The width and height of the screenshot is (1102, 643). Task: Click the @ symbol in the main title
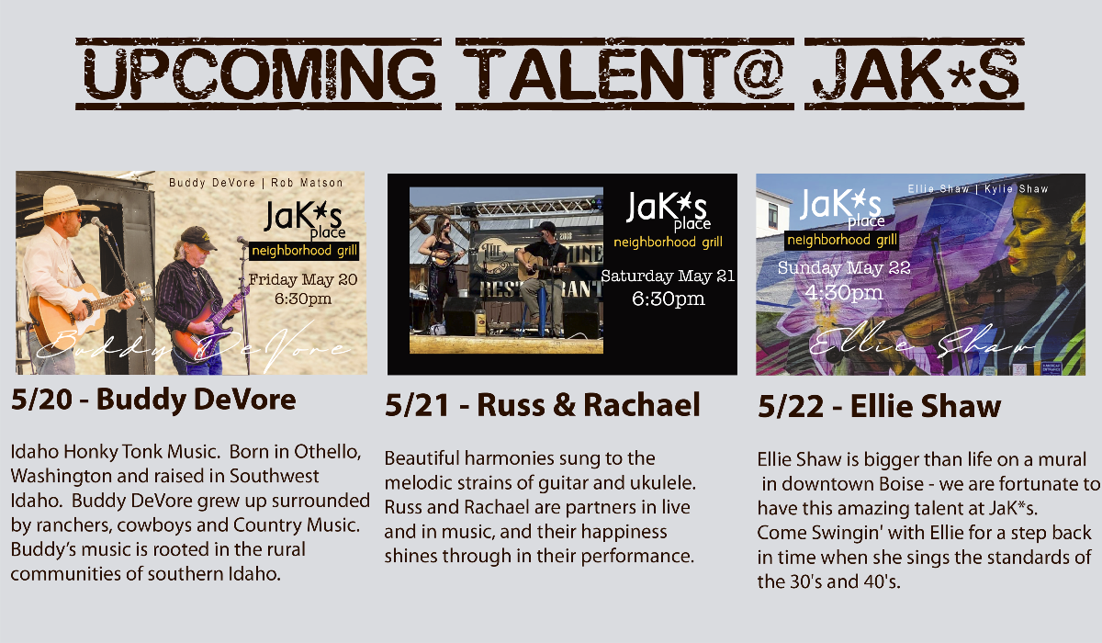758,73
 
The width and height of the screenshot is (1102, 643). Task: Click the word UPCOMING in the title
259,73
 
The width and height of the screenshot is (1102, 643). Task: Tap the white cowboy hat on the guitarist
60,201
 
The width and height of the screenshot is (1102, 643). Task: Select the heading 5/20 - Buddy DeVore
153,399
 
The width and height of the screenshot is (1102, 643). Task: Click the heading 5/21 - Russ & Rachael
542,405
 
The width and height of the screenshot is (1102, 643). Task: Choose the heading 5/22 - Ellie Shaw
879,406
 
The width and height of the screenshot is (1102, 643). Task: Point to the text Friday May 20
303,279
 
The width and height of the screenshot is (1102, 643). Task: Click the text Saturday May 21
668,276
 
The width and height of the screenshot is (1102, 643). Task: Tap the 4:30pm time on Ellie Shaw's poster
843,293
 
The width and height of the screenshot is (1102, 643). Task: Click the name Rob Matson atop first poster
307,183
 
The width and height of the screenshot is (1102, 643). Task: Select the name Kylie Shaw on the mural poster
1016,189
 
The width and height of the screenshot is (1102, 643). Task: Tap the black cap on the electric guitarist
197,237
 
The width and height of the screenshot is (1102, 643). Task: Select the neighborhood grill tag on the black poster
668,243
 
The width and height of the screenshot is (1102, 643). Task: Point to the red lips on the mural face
1014,259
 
